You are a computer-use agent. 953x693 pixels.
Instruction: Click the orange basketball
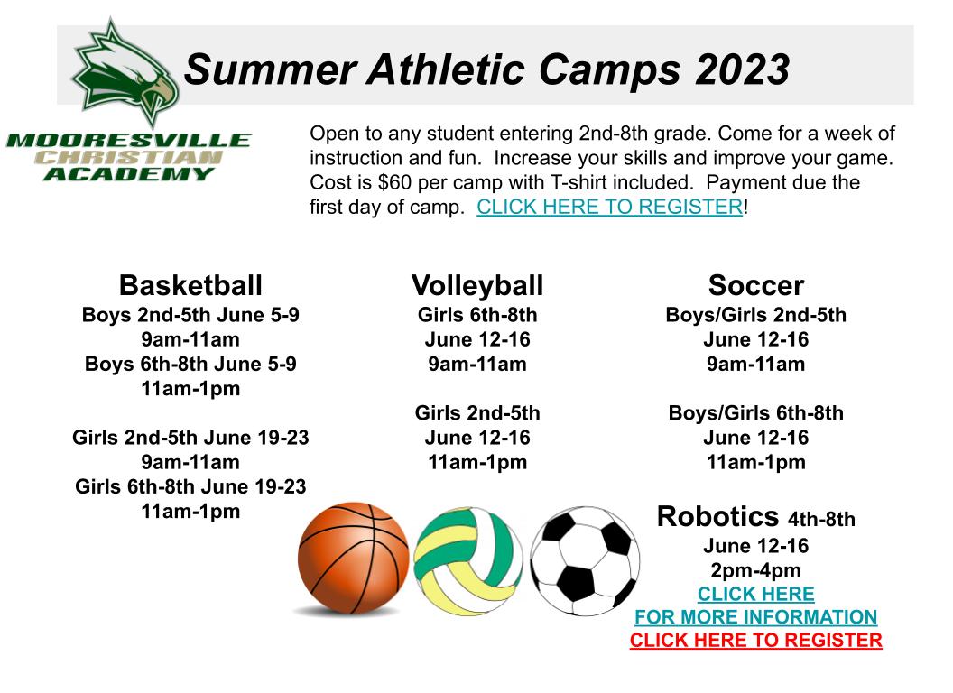(353, 558)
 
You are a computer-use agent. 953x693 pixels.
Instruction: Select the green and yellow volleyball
(468, 561)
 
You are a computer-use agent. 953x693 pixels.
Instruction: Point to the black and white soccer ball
(585, 561)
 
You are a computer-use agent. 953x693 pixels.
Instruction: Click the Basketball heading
(190, 285)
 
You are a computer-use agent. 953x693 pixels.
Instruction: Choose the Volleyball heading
(477, 286)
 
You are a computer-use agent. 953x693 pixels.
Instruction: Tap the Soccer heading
(756, 285)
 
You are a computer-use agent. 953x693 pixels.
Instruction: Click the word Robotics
(717, 517)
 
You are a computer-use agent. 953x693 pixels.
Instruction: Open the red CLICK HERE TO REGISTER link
(756, 640)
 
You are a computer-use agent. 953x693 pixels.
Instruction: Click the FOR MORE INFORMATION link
(756, 617)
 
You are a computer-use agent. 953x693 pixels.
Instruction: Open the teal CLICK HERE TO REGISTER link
(609, 207)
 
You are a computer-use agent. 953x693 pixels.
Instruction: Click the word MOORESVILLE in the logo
(128, 141)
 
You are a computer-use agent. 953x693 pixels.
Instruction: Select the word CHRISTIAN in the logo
(128, 157)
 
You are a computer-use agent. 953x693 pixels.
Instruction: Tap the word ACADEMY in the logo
(128, 174)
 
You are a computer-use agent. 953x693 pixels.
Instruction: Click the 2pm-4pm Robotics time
(756, 570)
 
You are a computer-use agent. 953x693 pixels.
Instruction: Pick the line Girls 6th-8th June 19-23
(190, 486)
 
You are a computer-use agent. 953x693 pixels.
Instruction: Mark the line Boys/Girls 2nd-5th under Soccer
(756, 315)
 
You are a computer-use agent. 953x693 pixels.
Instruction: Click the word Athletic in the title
(445, 69)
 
